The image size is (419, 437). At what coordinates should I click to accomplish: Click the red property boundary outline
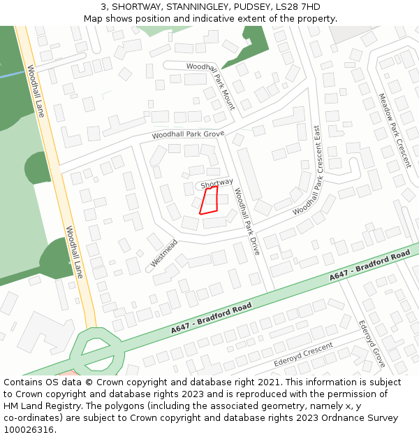208,199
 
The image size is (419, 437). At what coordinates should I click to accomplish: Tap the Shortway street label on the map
216,183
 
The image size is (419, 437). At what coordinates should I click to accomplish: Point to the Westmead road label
164,253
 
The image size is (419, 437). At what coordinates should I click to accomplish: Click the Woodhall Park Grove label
188,134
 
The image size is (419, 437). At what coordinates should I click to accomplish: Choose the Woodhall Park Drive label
247,221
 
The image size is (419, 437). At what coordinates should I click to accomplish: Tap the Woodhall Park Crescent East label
308,170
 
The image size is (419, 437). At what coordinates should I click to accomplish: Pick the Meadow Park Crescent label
394,131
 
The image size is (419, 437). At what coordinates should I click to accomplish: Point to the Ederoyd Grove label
372,344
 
